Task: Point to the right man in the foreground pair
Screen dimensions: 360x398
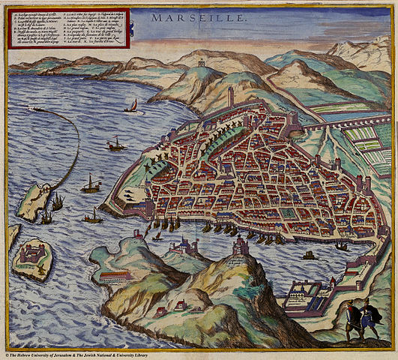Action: [369, 316]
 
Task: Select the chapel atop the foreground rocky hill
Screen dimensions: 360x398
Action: [241, 245]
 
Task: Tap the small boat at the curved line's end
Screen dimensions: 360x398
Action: [35, 109]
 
